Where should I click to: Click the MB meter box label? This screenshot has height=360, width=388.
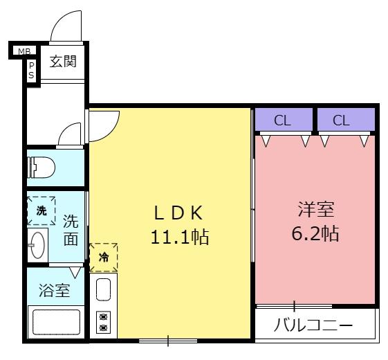pos(24,51)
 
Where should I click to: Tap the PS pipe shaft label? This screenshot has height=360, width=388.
pos(31,71)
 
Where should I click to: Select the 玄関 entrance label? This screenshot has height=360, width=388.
pos(63,62)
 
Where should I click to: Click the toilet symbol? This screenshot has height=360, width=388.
pos(41,168)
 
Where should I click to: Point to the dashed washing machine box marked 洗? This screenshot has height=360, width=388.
pos(41,211)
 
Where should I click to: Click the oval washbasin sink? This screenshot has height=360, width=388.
pos(37,245)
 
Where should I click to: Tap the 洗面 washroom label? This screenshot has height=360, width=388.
pos(71,230)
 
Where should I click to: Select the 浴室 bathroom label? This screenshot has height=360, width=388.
pos(55,290)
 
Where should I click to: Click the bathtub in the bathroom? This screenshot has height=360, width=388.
pos(56,322)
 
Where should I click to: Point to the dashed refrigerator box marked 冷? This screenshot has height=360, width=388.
pos(104,258)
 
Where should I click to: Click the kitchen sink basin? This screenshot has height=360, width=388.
pos(103,289)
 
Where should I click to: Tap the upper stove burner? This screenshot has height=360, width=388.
pos(103,316)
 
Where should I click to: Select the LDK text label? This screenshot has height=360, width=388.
pos(178,213)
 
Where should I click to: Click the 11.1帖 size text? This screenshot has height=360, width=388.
pos(180,237)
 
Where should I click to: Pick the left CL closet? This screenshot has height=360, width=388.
pos(284,119)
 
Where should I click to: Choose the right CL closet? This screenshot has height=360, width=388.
pos(346,119)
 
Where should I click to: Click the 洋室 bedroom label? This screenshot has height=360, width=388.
pos(316,209)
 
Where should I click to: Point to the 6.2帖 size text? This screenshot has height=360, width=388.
pos(315,233)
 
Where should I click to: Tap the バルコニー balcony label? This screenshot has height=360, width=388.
pos(313,325)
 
